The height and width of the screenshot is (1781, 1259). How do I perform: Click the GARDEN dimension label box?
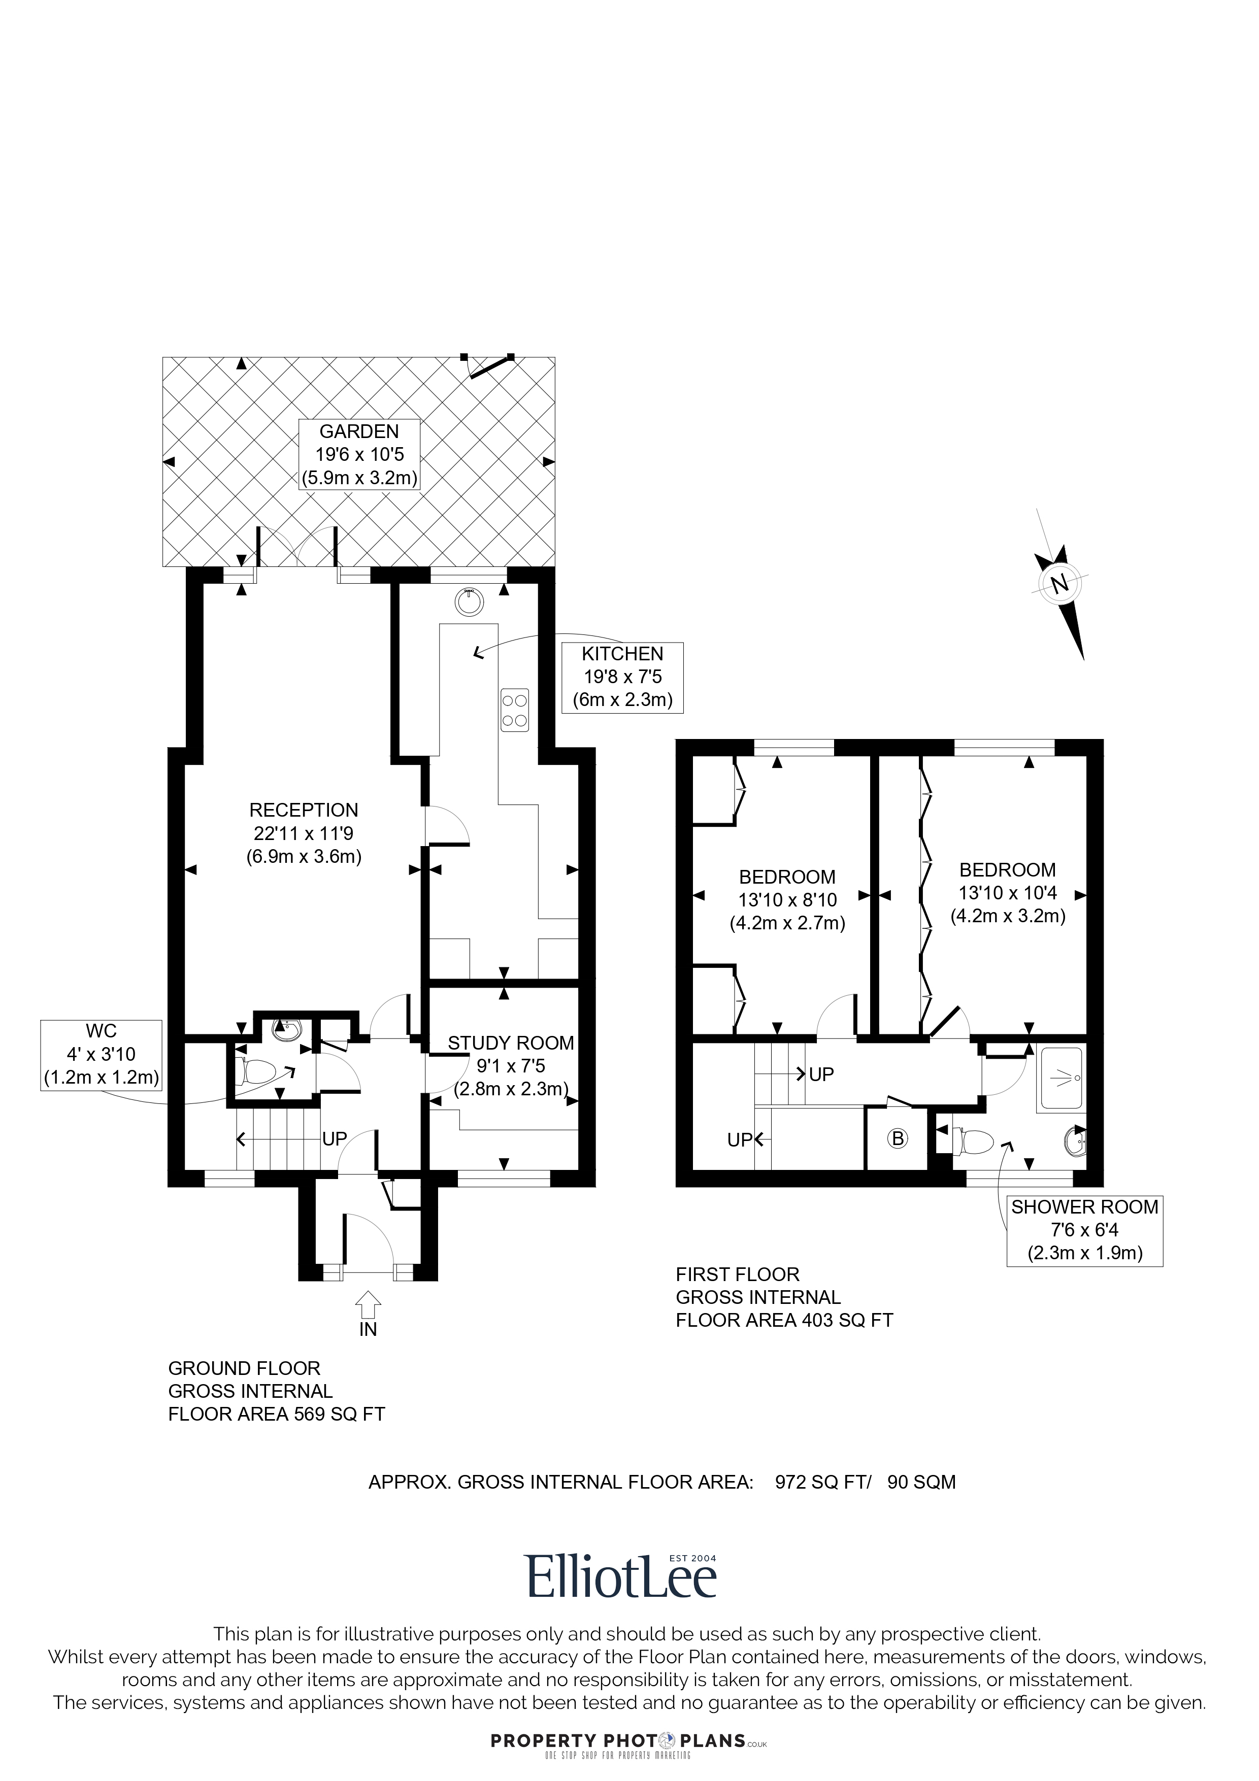click(x=360, y=455)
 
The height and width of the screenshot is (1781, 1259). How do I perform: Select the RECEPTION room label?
click(x=304, y=833)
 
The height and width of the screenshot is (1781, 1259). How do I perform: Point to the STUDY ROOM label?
click(x=511, y=1066)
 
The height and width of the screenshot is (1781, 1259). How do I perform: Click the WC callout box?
click(x=102, y=1055)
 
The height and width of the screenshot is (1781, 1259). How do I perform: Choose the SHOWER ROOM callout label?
click(x=1084, y=1230)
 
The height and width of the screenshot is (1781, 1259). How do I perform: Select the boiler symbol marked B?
click(x=898, y=1139)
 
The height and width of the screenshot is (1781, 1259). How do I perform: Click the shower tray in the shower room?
click(x=1062, y=1078)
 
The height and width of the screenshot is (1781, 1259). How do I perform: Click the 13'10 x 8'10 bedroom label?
click(x=787, y=900)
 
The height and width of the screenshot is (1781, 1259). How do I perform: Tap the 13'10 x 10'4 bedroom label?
click(x=1008, y=892)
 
